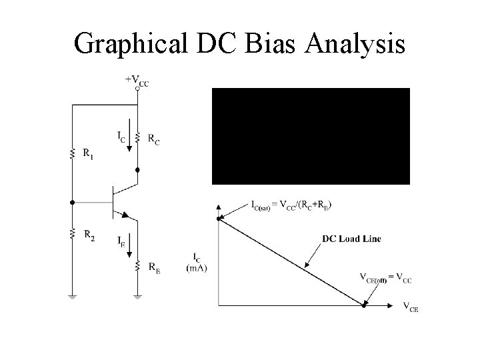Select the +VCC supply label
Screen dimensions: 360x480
138,79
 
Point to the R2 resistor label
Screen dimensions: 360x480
89,235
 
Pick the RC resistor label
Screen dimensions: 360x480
153,141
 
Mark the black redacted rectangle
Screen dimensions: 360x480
311,135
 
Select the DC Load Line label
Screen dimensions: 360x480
351,239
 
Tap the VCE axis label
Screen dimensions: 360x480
411,307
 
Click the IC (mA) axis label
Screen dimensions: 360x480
197,263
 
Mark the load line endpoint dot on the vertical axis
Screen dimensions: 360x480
219,218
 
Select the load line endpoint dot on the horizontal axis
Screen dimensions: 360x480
364,306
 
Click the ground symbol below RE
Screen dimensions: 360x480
138,295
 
